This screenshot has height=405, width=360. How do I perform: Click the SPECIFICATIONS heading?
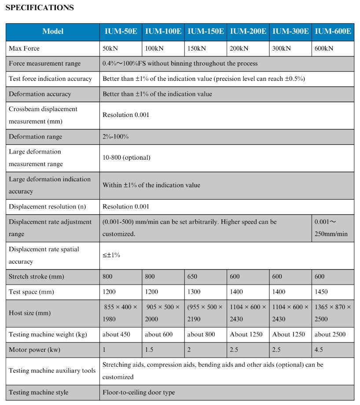[40, 8]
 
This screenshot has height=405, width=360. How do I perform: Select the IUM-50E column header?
[121, 31]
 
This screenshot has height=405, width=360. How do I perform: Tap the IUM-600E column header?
[333, 31]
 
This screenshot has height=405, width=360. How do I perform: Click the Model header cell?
[53, 31]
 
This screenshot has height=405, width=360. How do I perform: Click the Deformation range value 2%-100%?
[115, 137]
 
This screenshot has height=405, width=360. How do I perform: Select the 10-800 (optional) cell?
[126, 157]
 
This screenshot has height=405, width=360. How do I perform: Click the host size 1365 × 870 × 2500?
[333, 313]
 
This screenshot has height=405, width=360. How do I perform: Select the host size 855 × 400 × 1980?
[120, 313]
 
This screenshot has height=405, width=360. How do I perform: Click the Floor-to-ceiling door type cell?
[138, 392]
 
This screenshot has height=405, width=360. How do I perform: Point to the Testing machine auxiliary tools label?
[52, 371]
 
